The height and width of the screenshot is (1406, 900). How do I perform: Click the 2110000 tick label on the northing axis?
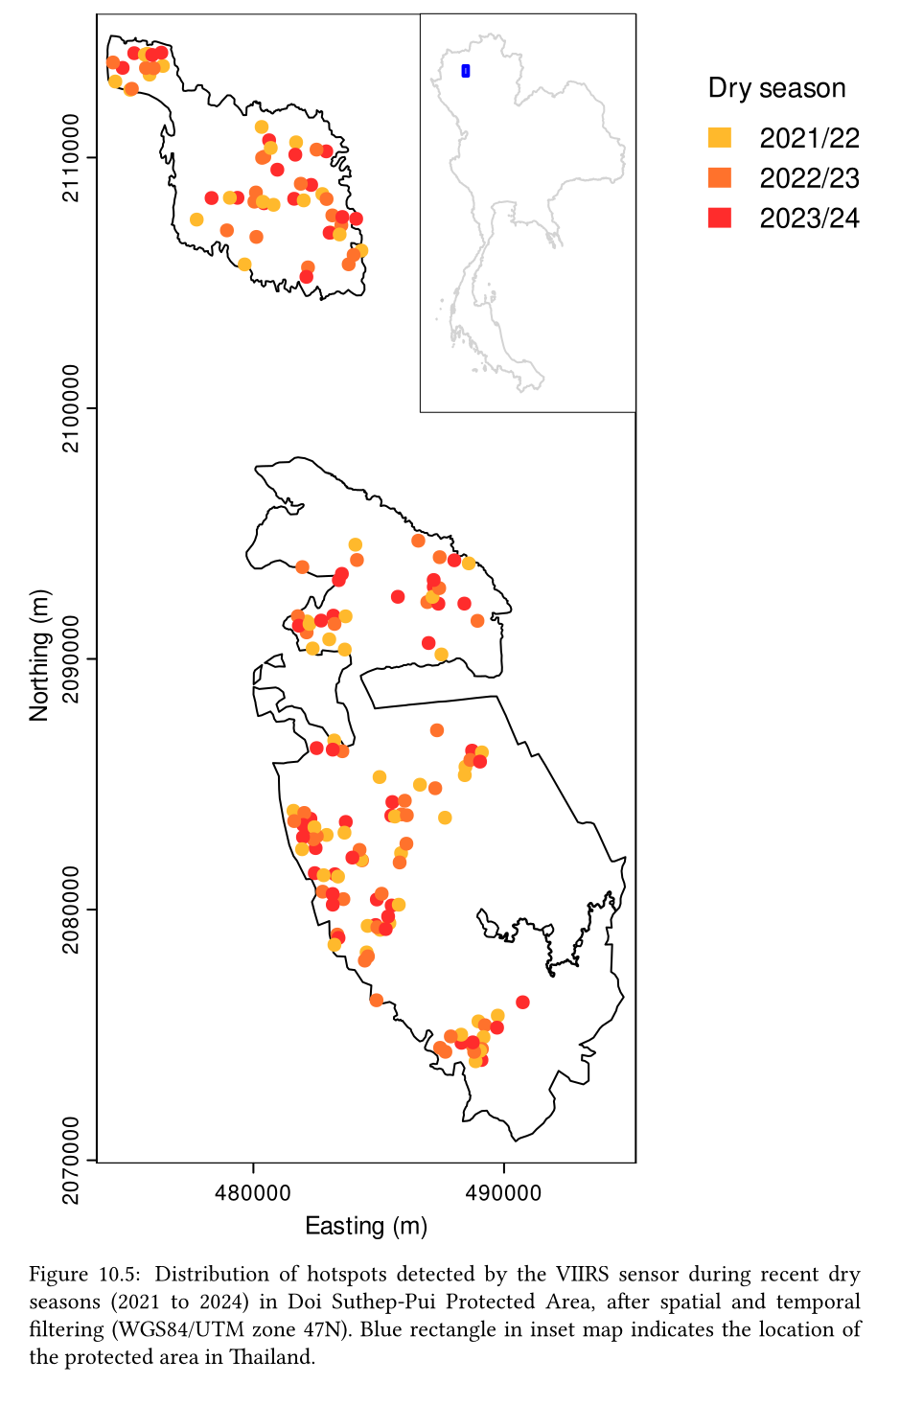[73, 158]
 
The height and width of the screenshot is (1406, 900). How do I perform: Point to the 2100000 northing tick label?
[73, 409]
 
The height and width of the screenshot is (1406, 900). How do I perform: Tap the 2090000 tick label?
[73, 659]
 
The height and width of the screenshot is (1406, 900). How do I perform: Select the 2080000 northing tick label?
[73, 910]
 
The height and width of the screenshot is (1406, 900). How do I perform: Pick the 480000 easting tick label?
[253, 1193]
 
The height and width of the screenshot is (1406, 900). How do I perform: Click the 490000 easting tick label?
[504, 1193]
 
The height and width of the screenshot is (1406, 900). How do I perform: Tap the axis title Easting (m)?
[366, 1226]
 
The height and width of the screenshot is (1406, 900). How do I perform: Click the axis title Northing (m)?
[39, 656]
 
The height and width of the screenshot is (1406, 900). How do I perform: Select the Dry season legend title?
[776, 88]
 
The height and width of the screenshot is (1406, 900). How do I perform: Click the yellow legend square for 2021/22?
[719, 138]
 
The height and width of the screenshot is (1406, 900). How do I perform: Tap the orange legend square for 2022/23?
[719, 178]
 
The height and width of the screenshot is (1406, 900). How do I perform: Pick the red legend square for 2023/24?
[719, 219]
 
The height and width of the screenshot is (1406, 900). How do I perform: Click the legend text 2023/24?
[810, 219]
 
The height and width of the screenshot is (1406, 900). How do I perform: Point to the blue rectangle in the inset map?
[466, 71]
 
